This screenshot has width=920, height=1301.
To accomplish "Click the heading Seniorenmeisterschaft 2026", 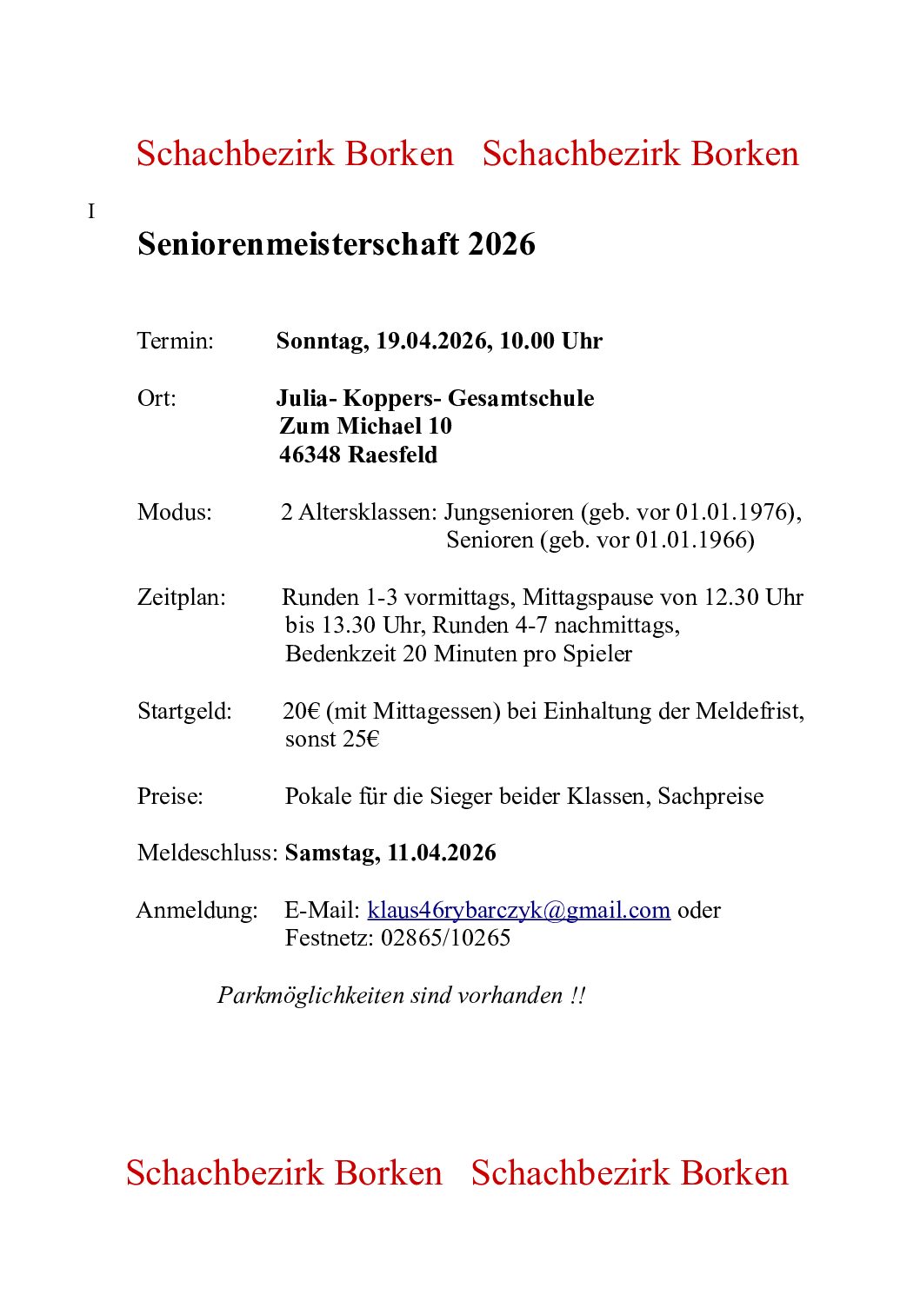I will tap(336, 244).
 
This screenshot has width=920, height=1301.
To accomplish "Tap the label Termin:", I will tap(175, 341).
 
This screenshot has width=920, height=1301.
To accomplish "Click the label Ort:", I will tap(157, 398).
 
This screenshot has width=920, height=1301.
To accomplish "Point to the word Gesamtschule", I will tap(521, 398).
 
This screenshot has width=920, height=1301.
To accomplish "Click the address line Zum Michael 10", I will tap(365, 426).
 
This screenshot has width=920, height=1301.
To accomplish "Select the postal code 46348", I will tap(310, 455).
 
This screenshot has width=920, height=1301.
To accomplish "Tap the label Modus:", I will tap(174, 512).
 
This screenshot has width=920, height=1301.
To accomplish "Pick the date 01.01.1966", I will tap(695, 540).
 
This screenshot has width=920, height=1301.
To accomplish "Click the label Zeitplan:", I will tap(181, 597).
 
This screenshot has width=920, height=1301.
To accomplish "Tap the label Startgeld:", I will tap(184, 711).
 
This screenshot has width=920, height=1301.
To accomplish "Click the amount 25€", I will tap(361, 739).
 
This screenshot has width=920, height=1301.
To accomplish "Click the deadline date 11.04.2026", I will tap(442, 853).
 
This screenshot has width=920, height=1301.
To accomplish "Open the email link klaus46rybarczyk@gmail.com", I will tap(518, 910).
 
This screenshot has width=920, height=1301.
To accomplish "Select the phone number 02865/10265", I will tap(445, 938).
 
